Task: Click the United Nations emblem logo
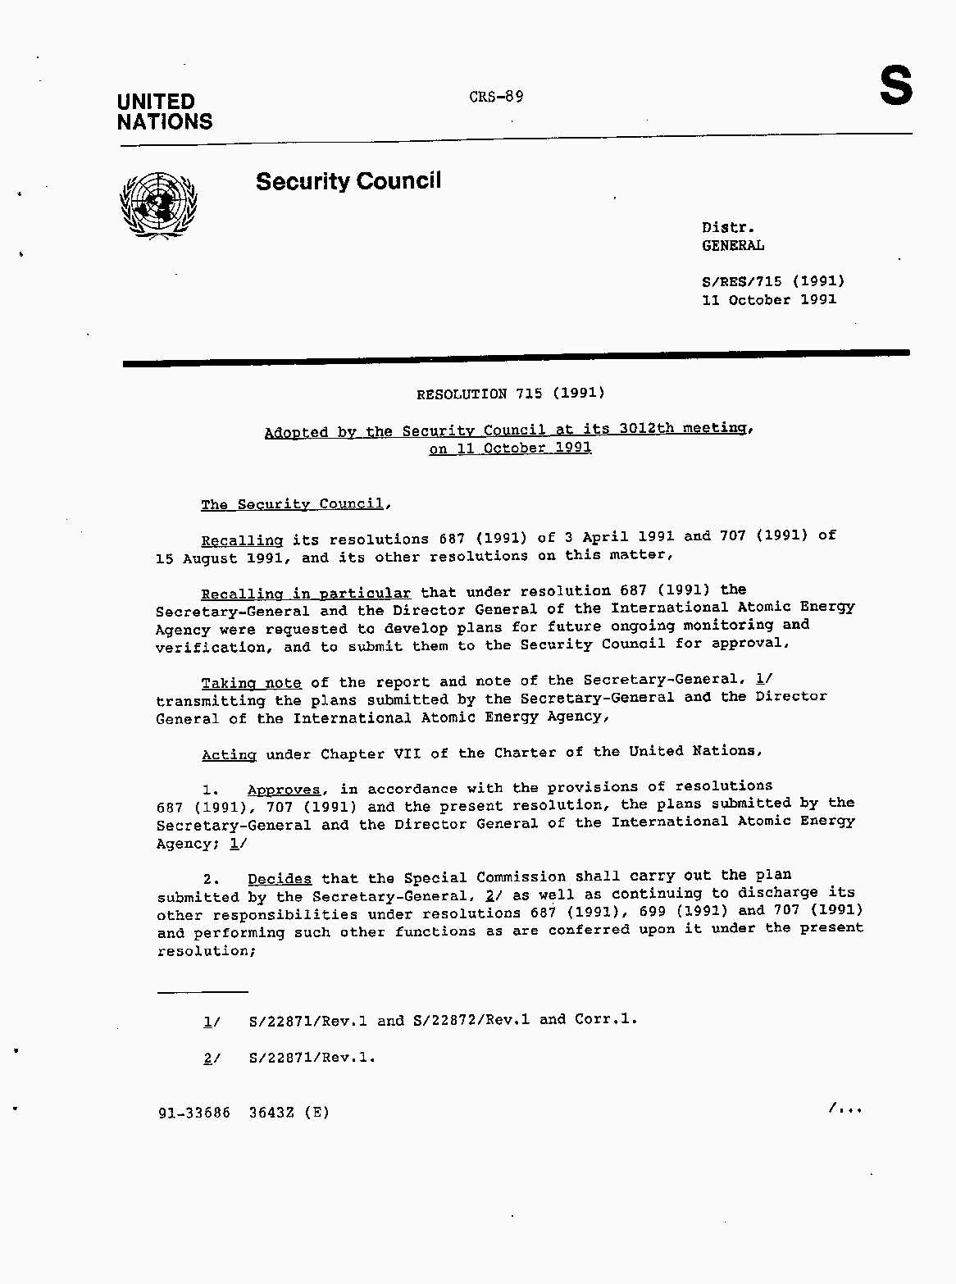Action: tap(159, 206)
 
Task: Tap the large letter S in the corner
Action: tap(895, 86)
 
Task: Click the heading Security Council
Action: tap(348, 181)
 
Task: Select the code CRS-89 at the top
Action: tap(496, 97)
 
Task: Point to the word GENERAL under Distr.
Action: tap(732, 245)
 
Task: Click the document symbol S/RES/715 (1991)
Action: tap(772, 281)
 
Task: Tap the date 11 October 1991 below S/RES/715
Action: tap(768, 300)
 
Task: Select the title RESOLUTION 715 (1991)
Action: tap(510, 394)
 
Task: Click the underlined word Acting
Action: tap(229, 754)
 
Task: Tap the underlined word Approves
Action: tap(284, 790)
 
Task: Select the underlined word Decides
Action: tap(280, 879)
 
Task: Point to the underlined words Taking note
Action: tap(251, 683)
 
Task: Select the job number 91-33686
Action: tap(194, 1113)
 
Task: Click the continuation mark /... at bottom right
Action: tap(845, 1109)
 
